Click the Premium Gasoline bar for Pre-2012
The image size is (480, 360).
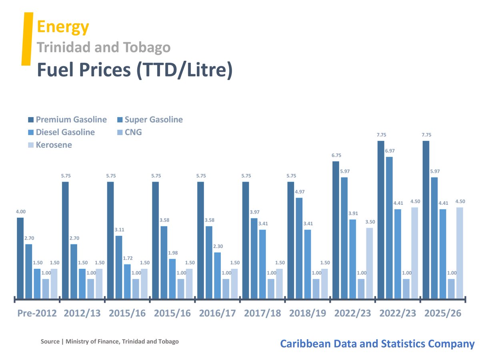[20, 258]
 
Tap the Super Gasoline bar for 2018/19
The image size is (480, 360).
[299, 248]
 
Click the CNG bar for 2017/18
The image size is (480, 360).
[271, 288]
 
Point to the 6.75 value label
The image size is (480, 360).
[336, 155]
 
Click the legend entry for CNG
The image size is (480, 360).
[133, 132]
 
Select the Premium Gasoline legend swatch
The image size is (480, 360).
[31, 120]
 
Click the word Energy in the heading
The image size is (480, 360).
[63, 27]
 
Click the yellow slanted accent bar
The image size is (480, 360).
[27, 38]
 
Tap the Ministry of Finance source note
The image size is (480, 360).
[110, 342]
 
